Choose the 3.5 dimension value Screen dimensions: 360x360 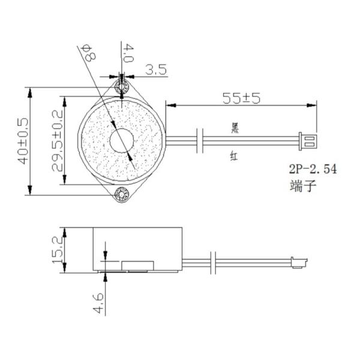(155, 70)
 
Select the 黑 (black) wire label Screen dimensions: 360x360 (235, 127)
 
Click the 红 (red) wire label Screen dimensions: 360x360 (235, 157)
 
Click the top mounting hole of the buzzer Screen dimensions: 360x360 (122, 88)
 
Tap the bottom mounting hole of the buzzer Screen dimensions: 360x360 (122, 194)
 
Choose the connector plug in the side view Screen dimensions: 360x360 (298, 262)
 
